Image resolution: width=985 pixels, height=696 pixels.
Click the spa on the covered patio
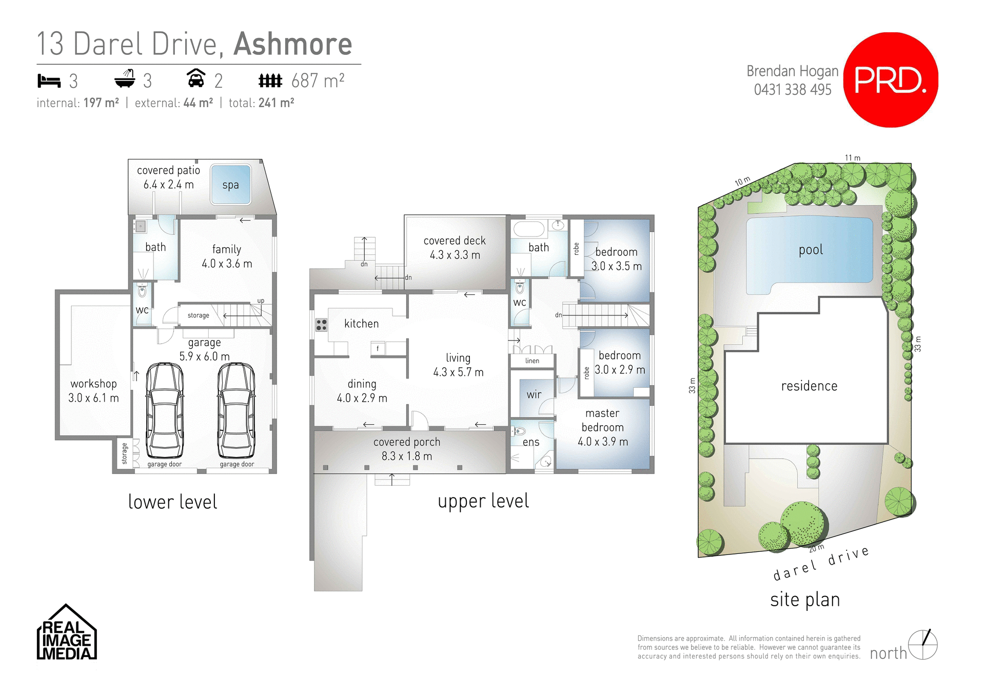[230, 185]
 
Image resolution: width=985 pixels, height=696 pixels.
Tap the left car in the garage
[165, 410]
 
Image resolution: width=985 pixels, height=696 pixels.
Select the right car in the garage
[236, 410]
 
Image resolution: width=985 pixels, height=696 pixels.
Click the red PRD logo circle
[891, 80]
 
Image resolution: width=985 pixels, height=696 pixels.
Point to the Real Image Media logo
[67, 633]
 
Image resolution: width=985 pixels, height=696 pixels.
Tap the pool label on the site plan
[811, 250]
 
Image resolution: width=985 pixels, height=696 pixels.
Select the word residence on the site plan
[809, 386]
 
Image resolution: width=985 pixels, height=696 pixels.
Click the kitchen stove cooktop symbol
[321, 325]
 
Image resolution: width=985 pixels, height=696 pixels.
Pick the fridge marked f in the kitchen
[378, 349]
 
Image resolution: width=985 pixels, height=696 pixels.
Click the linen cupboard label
[532, 361]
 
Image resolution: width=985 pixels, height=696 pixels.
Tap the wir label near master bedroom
[534, 394]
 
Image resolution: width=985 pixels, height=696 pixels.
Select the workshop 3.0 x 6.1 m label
[93, 391]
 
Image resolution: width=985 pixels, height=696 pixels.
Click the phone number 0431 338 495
[792, 90]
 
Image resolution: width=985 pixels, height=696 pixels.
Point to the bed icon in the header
[49, 81]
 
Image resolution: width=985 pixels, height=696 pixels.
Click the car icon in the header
[195, 78]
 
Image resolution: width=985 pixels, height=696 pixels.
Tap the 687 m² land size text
[318, 81]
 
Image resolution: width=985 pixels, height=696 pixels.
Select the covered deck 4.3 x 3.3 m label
[455, 248]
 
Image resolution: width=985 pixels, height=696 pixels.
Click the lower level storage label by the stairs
[198, 315]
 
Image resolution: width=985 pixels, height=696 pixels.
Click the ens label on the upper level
[531, 442]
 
